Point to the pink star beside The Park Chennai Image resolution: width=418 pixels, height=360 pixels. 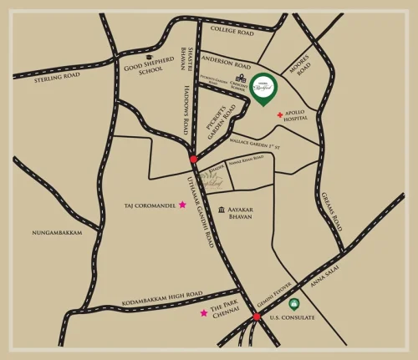(203, 313)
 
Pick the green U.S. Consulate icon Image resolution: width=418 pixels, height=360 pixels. (293, 316)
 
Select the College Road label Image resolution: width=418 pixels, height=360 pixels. (232, 32)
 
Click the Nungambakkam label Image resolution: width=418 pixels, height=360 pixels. (57, 232)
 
